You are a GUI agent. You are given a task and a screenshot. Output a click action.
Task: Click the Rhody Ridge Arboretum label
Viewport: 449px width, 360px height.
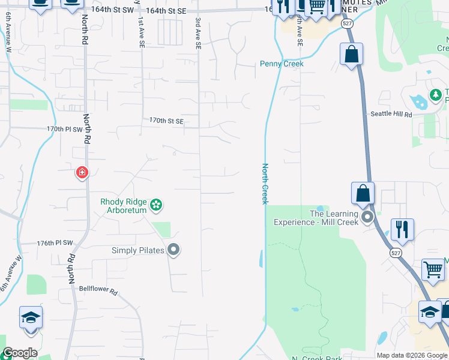[123, 206]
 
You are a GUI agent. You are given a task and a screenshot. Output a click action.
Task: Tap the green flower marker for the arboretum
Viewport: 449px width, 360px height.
[156, 206]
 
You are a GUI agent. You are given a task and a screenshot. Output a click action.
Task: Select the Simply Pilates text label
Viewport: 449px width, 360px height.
[137, 250]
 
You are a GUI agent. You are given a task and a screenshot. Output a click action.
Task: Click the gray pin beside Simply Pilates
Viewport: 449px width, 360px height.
[174, 250]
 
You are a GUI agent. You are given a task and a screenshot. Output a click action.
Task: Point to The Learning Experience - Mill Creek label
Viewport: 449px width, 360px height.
[316, 218]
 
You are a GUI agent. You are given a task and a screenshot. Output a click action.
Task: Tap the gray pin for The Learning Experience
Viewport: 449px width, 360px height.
[367, 216]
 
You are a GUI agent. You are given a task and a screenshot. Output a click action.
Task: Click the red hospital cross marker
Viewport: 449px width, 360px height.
[82, 173]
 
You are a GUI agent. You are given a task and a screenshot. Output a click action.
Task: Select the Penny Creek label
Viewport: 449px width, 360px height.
[282, 64]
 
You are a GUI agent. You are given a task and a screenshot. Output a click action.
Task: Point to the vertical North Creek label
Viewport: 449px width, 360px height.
[264, 184]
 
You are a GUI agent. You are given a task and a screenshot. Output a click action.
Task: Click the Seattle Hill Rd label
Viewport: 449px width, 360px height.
[391, 114]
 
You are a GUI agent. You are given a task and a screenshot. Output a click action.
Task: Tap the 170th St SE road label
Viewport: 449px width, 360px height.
[166, 121]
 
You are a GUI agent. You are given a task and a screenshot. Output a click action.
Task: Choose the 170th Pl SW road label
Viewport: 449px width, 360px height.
[64, 129]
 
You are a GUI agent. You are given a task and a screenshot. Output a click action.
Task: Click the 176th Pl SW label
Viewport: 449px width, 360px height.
[55, 243]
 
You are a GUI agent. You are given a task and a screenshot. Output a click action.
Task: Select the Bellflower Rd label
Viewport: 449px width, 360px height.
[98, 289]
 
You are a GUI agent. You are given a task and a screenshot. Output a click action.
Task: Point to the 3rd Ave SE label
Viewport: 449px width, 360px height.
[197, 32]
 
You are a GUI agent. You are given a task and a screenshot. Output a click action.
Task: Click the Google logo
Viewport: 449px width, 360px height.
[19, 353]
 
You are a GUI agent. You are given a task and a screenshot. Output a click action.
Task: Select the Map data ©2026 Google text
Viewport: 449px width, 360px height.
[412, 355]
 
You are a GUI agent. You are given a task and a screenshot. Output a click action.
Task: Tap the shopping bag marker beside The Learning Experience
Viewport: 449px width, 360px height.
[363, 194]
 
